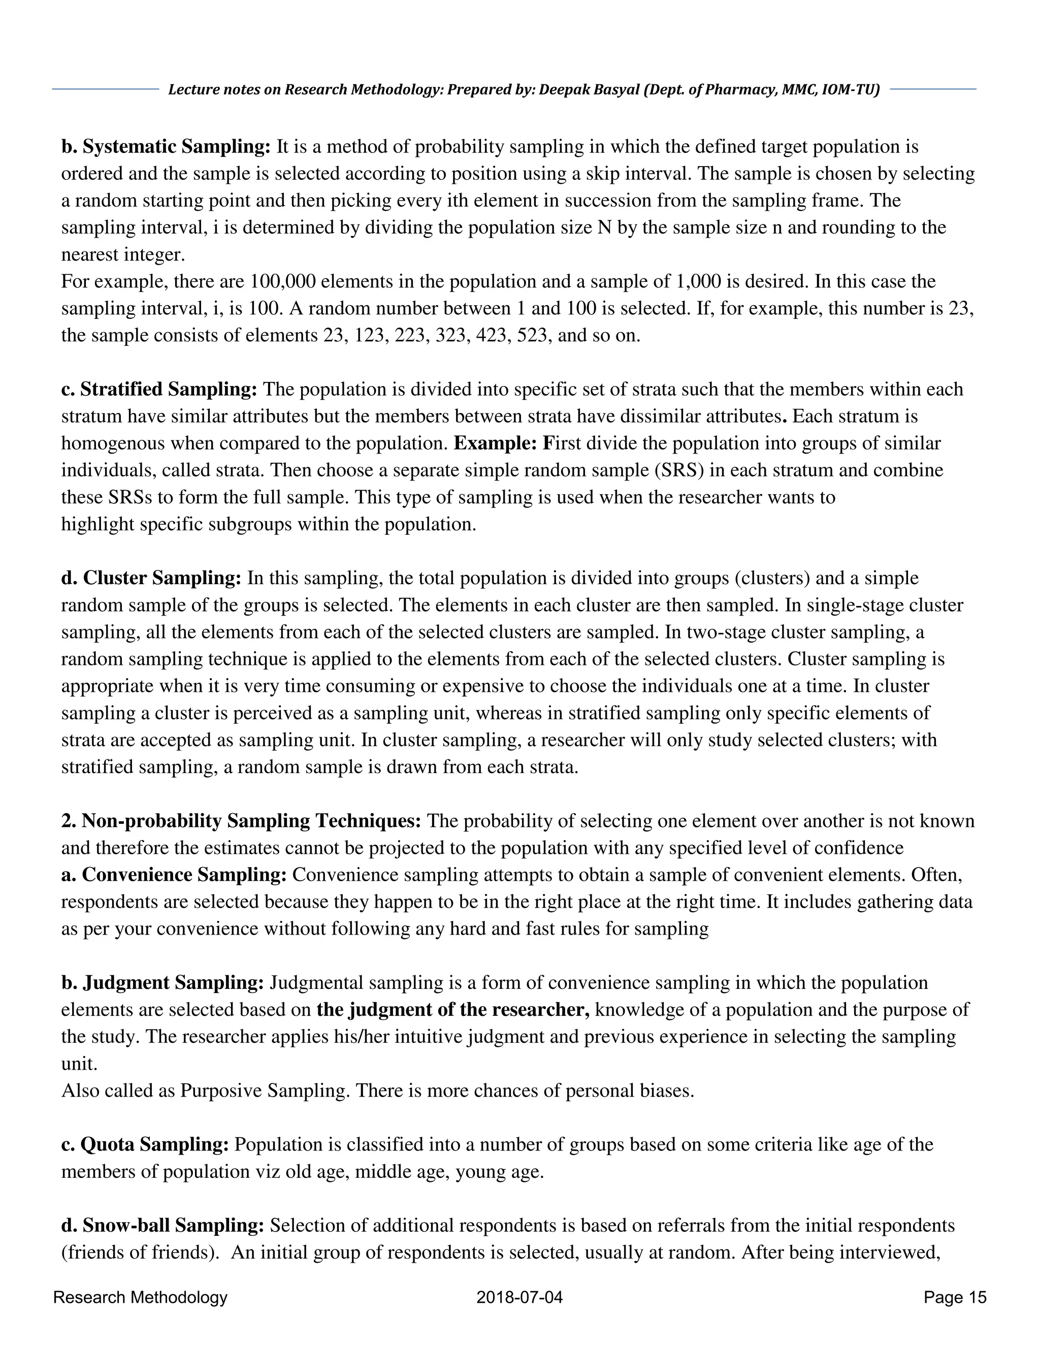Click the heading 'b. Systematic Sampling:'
pos(166,147)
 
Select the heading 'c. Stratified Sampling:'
pos(159,390)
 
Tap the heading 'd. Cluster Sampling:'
pos(151,578)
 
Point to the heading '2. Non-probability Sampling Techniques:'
pos(241,821)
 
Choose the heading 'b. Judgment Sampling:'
pos(162,982)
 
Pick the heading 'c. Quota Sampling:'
pos(145,1144)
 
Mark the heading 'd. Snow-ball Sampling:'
pos(162,1225)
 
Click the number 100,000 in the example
pos(283,282)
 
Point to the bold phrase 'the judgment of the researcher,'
pos(453,1010)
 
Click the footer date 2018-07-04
pos(519,1297)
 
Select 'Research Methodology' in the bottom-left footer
pos(141,1297)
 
